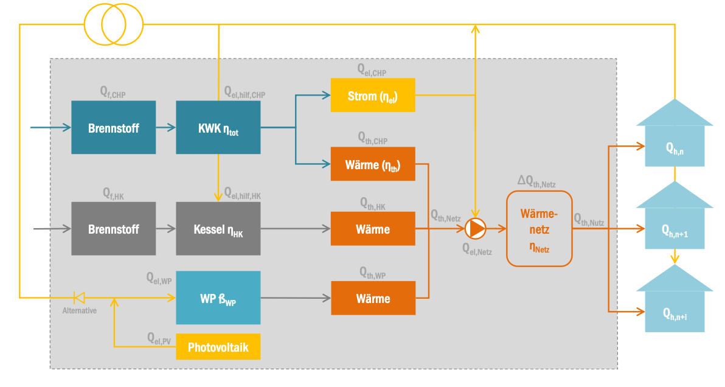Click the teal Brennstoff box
113,128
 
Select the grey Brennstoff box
113,229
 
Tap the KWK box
218,128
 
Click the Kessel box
218,229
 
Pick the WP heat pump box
218,298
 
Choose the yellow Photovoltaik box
218,347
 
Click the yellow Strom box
373,95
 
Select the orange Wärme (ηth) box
373,164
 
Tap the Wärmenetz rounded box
539,229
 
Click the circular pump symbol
476,229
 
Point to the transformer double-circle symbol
113,24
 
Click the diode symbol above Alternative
79,298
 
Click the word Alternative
80,311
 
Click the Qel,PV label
158,337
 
